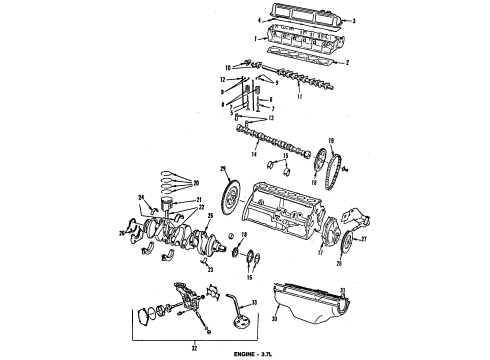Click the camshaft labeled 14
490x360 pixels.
point(270,141)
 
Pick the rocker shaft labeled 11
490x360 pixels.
point(295,85)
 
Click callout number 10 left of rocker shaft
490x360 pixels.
point(227,68)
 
